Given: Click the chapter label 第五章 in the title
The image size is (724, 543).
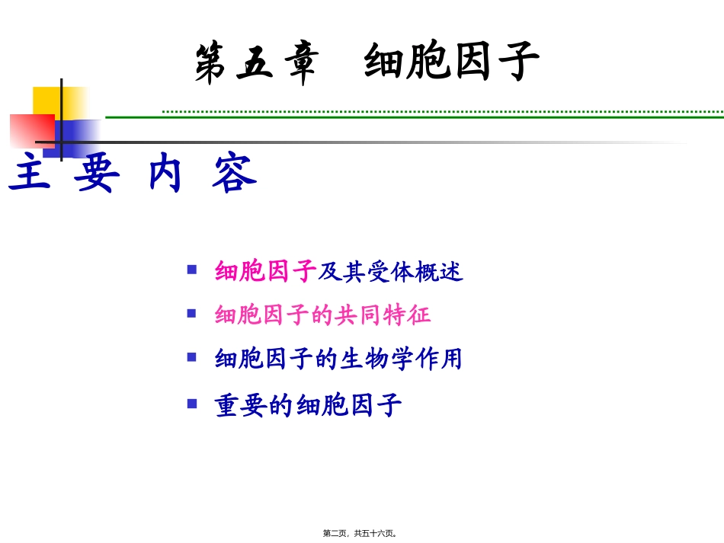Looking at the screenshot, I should (255, 62).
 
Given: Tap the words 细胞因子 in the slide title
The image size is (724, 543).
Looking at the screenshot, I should (451, 62).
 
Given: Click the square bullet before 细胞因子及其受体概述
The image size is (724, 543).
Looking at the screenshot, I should (192, 269).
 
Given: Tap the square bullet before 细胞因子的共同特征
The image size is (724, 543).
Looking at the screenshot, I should (192, 312).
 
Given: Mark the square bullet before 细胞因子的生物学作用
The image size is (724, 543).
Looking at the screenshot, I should (192, 356).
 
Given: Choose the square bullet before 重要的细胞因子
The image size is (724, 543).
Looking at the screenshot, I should (192, 403).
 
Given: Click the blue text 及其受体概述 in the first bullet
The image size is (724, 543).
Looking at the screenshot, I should (390, 271).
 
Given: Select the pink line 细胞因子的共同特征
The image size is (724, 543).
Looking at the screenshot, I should (323, 315).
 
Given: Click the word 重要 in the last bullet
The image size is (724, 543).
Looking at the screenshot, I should (240, 405).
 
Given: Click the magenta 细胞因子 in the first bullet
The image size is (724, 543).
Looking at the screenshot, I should (265, 271).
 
